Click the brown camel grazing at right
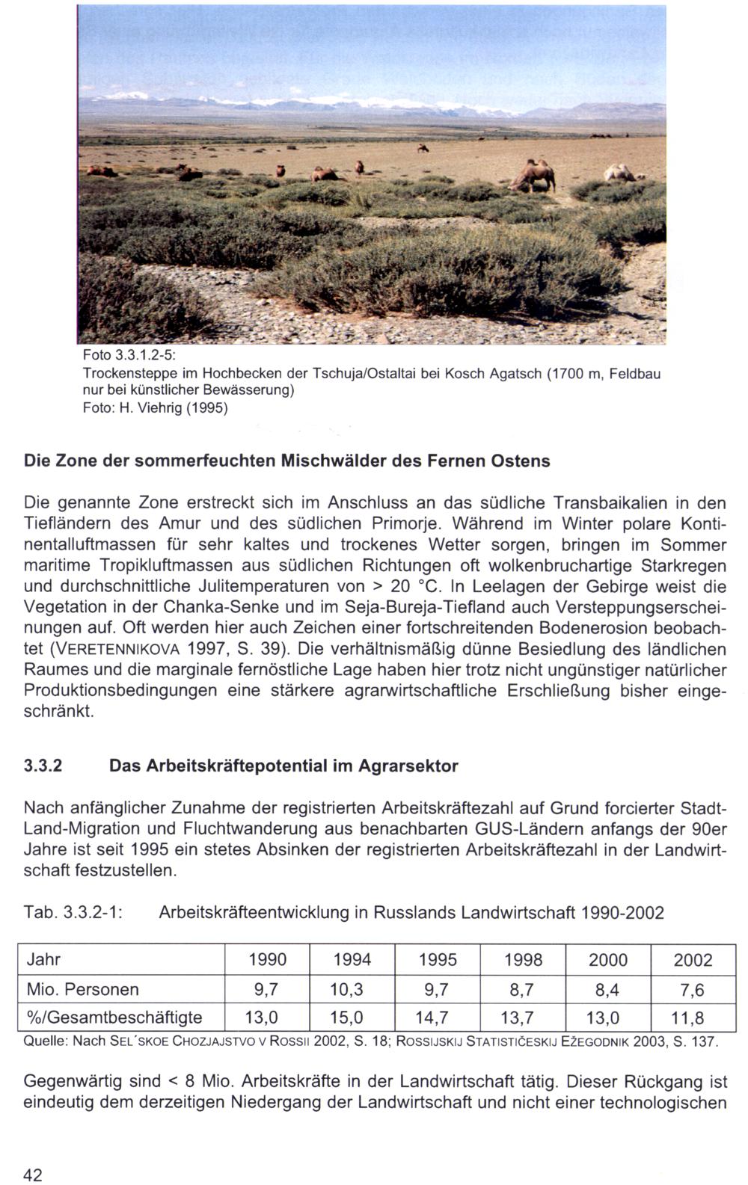coord(536,176)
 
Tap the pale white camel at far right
coord(622,173)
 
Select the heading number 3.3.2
coord(43,766)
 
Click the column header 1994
coord(352,960)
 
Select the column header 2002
coord(693,960)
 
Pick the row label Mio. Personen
coord(82,989)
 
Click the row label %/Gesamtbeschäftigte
coord(114,1018)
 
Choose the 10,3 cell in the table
coord(352,989)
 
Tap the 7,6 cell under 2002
coord(693,989)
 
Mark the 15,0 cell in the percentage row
coord(352,1018)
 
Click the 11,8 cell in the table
coord(693,1018)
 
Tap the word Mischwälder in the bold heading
coord(328,461)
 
